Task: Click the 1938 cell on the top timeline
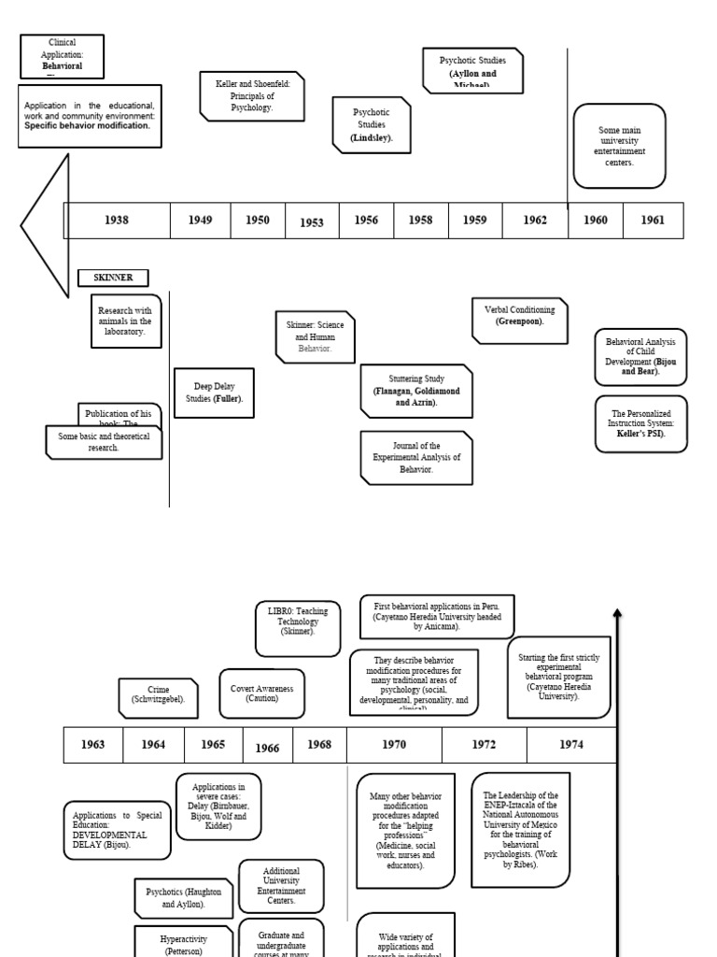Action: click(117, 221)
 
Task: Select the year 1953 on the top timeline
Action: click(312, 221)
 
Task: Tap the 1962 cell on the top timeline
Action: click(535, 221)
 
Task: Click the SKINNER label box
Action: click(112, 278)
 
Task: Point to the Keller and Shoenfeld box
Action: click(252, 96)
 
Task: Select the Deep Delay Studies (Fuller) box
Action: click(214, 393)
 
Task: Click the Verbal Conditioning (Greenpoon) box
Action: click(520, 316)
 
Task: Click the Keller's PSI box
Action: click(640, 423)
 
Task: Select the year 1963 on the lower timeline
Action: click(93, 745)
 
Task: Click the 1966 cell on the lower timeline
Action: click(267, 748)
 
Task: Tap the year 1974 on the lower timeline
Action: click(571, 745)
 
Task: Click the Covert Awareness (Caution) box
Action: click(262, 693)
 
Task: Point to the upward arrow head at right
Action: click(617, 614)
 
